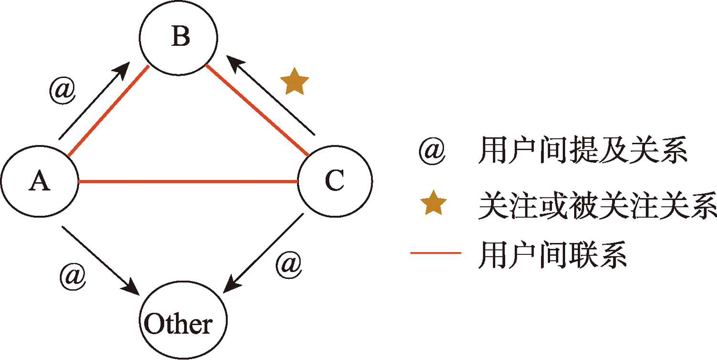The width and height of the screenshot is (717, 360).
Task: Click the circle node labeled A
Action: pos(40,182)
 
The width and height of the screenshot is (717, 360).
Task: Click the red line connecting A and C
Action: pos(188,182)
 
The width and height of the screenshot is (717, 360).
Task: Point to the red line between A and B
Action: pos(109,111)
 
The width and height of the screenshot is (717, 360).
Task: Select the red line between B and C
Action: pos(257,111)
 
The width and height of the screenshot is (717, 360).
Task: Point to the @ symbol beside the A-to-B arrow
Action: pos(63,90)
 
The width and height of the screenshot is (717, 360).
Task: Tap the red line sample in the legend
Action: pos(435,252)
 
